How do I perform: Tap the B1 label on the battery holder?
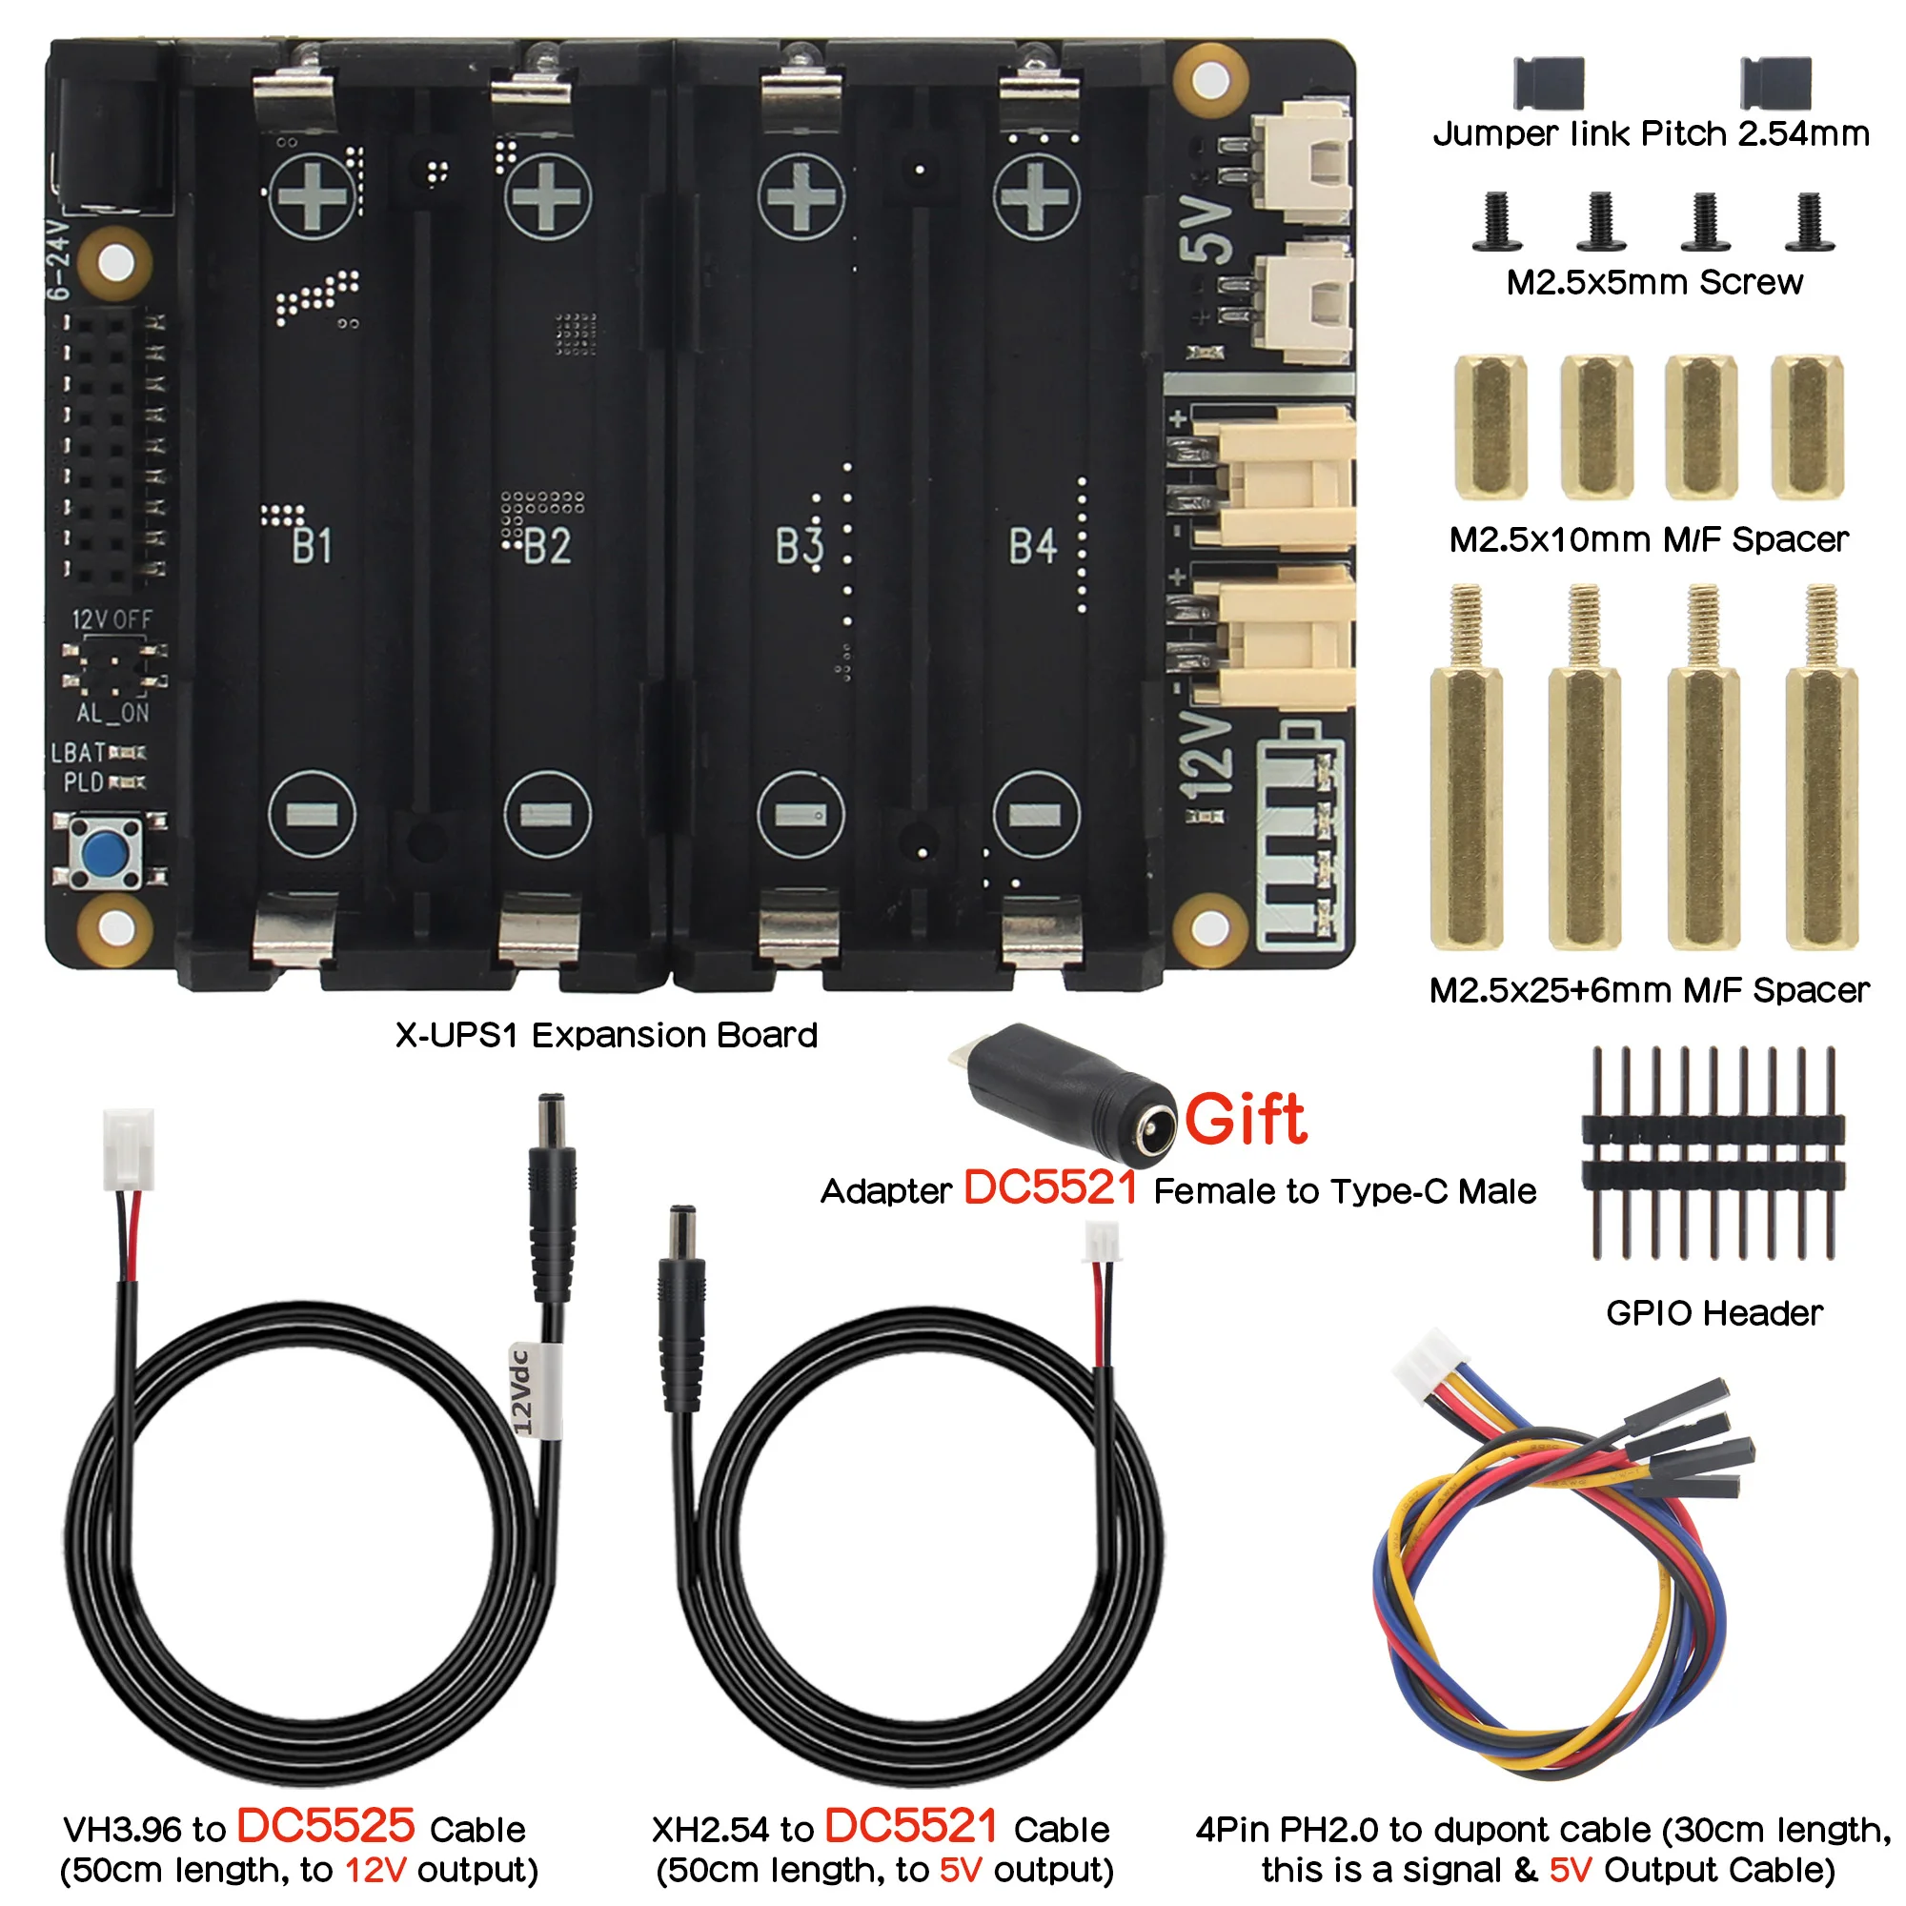(312, 545)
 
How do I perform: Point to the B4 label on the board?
(1033, 545)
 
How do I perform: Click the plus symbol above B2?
(548, 196)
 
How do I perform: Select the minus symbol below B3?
(801, 815)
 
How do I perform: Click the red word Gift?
(1245, 1121)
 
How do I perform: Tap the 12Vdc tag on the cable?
(524, 1391)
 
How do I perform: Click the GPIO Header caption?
(1713, 1313)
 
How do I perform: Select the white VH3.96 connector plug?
(129, 1149)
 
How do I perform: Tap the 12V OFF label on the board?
(112, 619)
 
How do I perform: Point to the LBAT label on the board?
(78, 753)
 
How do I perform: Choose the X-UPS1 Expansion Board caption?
(606, 1035)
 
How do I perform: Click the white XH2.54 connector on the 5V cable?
(1101, 1242)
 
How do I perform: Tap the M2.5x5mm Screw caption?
(1654, 283)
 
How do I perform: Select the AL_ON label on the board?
(112, 713)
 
